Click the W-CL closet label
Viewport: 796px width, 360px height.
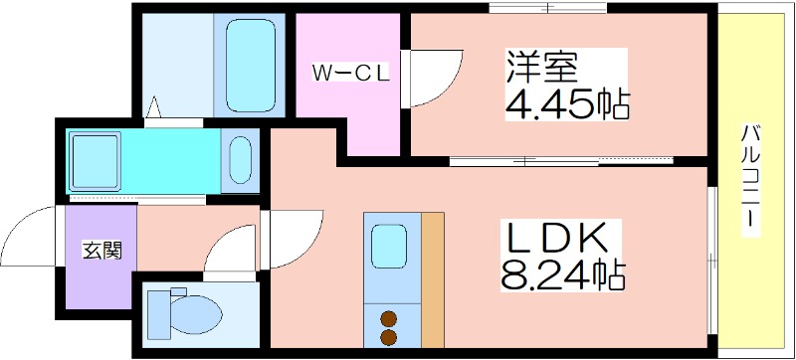[x=350, y=75]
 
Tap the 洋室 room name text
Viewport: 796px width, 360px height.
[x=541, y=67]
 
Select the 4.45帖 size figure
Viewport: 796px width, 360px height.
[x=567, y=104]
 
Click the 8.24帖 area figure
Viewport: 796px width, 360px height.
[x=562, y=274]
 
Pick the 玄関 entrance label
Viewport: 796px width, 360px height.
[x=102, y=250]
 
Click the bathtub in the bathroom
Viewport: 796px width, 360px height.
[x=251, y=66]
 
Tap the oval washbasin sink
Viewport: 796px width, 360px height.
[x=240, y=160]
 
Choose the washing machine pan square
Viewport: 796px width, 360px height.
[x=95, y=161]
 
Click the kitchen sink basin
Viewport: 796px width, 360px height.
[x=388, y=247]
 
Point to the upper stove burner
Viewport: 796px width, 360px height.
[x=389, y=319]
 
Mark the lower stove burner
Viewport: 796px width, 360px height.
[x=389, y=337]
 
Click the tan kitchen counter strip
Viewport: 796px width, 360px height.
[x=433, y=279]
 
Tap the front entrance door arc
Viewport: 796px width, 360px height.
[x=29, y=236]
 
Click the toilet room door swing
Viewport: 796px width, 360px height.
[x=230, y=250]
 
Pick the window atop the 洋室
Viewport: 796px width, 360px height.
[x=548, y=8]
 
